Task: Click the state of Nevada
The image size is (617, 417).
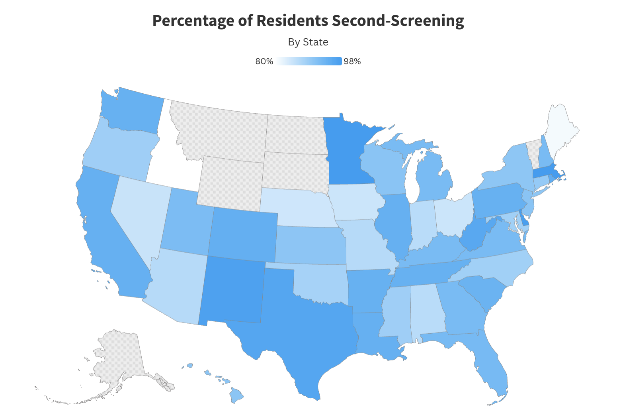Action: (137, 211)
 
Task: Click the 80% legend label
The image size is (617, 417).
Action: (264, 61)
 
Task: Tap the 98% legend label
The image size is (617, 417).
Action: (352, 61)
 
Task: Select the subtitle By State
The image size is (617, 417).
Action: (308, 42)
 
